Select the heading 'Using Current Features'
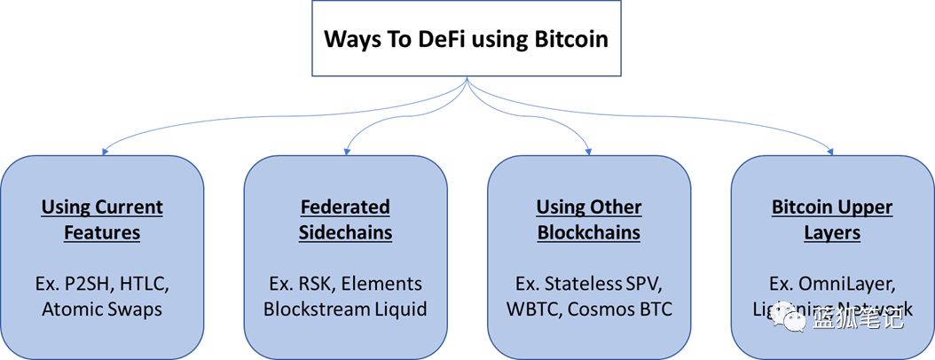click(102, 220)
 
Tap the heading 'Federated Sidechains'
click(346, 220)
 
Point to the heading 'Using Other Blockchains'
click(589, 220)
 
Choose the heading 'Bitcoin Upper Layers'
click(832, 220)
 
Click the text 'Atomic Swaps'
click(102, 309)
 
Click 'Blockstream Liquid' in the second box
click(346, 309)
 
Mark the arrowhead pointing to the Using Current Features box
click(105, 153)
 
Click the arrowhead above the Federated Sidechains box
click(346, 153)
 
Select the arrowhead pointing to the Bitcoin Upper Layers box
click(831, 153)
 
